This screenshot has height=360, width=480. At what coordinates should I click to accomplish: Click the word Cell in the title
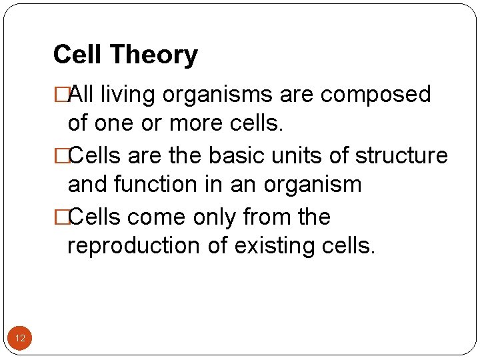[75, 55]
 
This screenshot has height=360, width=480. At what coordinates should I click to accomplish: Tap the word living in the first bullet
[133, 95]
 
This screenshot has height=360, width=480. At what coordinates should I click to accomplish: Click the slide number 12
[20, 339]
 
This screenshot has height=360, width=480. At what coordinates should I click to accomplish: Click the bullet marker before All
[61, 95]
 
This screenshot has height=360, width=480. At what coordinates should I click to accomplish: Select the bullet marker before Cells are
[61, 155]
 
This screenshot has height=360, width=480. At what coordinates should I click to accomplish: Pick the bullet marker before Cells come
[61, 217]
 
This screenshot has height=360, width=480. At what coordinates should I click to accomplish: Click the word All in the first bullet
[82, 95]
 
